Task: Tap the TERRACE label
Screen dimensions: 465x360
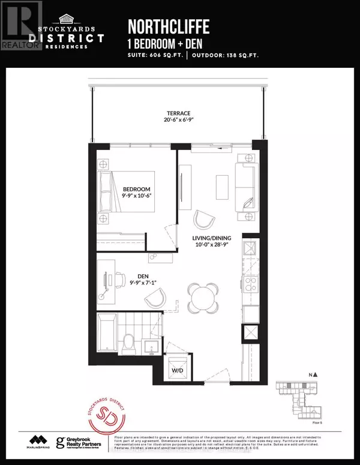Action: [x=179, y=113]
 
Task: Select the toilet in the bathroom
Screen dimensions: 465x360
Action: [x=127, y=343]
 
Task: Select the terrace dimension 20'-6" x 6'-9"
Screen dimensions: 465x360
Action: [x=179, y=122]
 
